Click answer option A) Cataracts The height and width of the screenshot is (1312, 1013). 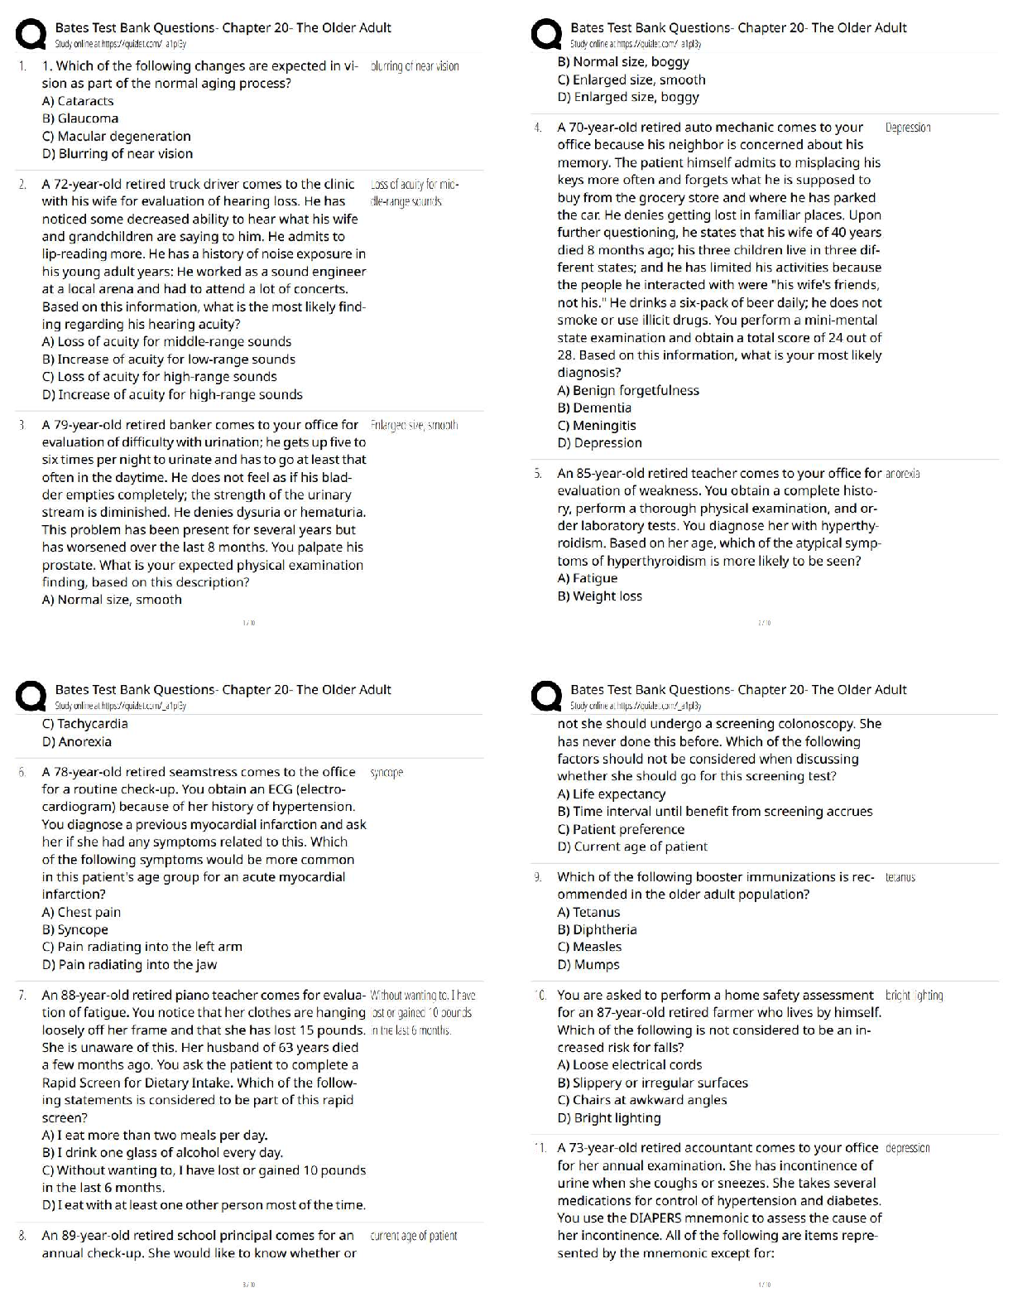pos(78,101)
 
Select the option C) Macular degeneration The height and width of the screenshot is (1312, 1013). pos(116,136)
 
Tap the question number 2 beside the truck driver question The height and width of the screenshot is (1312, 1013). pos(22,184)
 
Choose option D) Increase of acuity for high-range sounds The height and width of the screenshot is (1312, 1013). pos(172,394)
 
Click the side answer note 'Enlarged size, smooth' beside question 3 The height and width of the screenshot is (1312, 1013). pos(414,425)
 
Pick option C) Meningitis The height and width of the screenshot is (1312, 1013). pos(597,425)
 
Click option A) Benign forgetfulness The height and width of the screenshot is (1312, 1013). pos(628,390)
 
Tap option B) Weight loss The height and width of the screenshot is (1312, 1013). pos(600,596)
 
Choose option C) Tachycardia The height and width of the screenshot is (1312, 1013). pos(85,724)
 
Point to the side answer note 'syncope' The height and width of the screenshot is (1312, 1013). pos(386,772)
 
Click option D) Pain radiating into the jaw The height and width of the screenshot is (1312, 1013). pos(129,964)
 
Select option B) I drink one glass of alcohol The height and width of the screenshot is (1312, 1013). pos(162,1152)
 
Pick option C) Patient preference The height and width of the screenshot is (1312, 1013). pos(621,829)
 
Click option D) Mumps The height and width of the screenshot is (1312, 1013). pos(588,964)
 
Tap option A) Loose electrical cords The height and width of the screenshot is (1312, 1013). pos(630,1064)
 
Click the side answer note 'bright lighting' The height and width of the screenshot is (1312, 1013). pos(914,995)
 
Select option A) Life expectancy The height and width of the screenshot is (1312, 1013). pos(612,793)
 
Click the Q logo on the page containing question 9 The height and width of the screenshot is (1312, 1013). pos(546,696)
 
